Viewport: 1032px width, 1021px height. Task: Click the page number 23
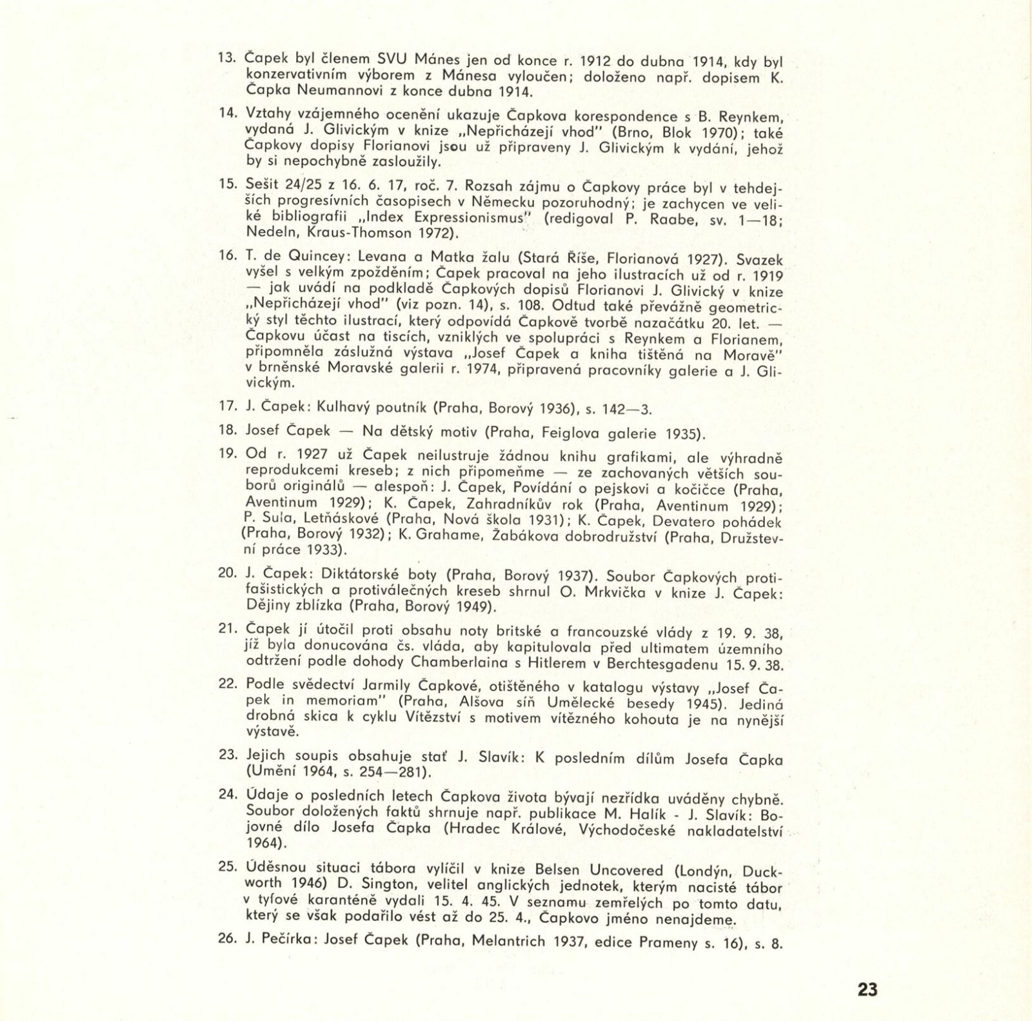[868, 989]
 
